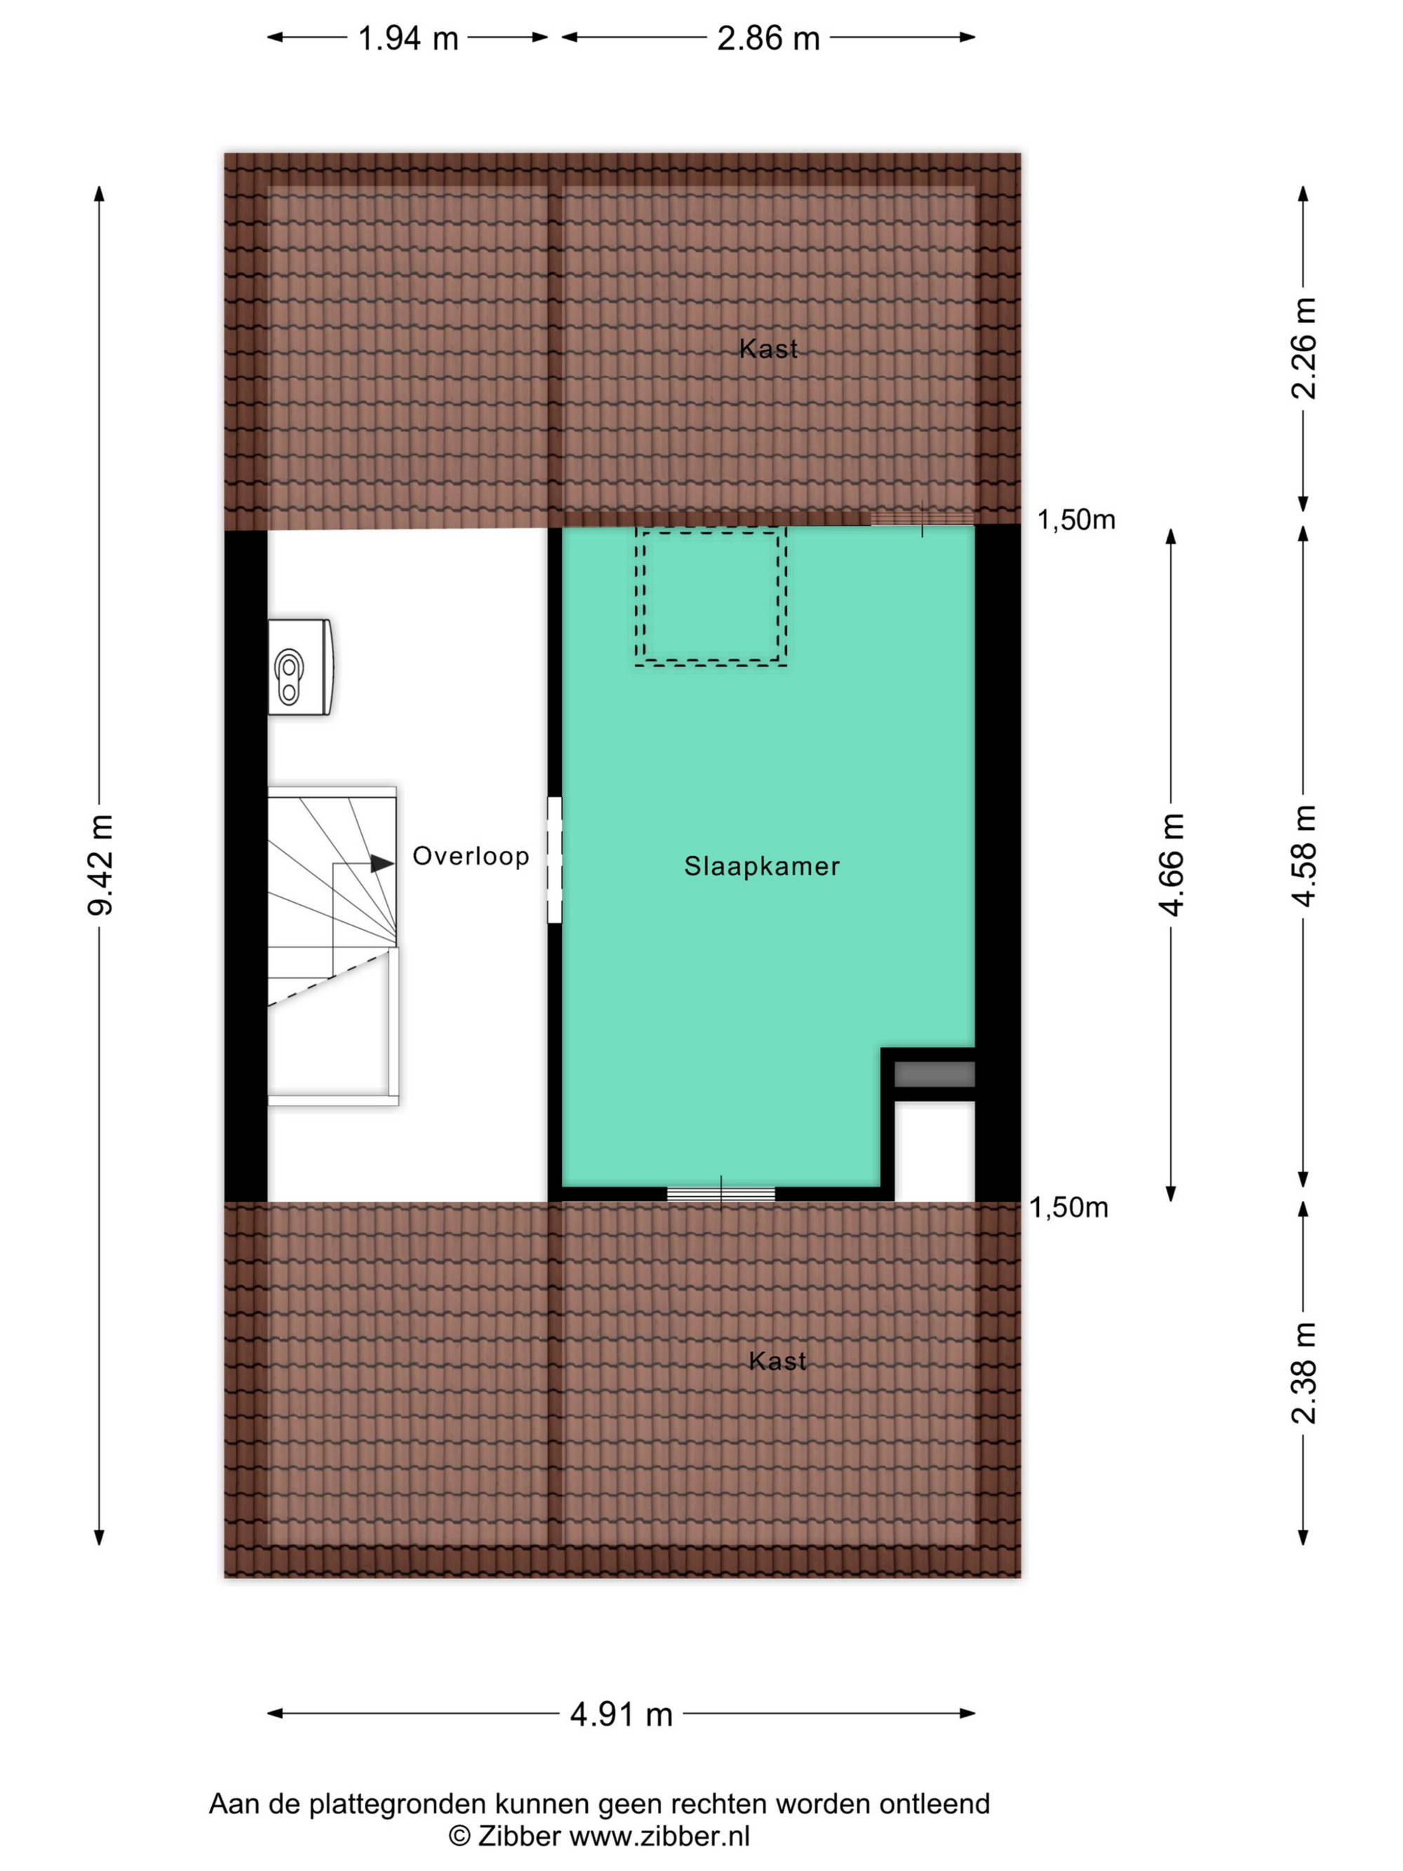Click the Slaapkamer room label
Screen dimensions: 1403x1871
tap(762, 866)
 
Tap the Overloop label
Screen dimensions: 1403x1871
tap(471, 856)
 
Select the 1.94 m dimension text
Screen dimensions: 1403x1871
tap(408, 39)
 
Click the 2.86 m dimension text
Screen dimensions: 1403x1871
tap(769, 39)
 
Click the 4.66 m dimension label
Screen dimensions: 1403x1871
tap(1172, 864)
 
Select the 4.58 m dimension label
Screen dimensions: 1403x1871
tap(1304, 856)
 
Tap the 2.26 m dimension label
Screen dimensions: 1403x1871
tap(1304, 348)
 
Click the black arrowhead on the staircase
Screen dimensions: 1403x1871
tap(382, 864)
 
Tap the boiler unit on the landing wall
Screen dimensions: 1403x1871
tap(300, 667)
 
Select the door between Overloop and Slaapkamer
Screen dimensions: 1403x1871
tap(555, 859)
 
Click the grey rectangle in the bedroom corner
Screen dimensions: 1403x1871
tap(934, 1074)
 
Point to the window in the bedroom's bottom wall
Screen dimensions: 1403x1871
tap(721, 1194)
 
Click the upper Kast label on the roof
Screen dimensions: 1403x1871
tap(769, 349)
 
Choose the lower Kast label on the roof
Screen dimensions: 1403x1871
tap(778, 1361)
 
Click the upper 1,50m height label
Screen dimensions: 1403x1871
tap(1077, 521)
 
